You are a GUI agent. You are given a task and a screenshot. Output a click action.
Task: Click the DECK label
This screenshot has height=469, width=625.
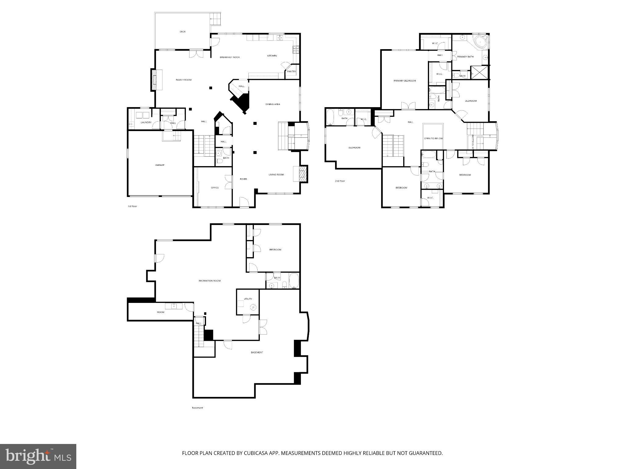coord(182,32)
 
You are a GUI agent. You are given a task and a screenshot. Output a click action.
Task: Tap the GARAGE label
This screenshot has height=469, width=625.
coord(160,165)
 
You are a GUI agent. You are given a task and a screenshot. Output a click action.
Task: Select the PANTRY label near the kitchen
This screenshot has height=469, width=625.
coord(291,72)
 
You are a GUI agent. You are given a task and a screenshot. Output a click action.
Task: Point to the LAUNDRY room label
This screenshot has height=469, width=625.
coord(146,122)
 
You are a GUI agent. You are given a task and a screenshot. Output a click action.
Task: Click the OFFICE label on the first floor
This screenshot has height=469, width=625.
coord(215,188)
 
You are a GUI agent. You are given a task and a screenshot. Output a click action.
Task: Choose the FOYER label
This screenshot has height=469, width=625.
coord(243,179)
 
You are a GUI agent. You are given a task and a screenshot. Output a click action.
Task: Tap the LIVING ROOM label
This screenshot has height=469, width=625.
coord(276,175)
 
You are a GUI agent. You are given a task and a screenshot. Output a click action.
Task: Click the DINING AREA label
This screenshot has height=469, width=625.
coord(273,104)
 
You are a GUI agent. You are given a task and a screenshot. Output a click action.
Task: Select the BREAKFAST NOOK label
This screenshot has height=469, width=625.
coord(230,57)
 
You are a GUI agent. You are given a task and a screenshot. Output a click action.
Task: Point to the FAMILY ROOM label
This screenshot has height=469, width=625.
coord(183,80)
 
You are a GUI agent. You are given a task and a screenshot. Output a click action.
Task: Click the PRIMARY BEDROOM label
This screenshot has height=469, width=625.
coord(405,81)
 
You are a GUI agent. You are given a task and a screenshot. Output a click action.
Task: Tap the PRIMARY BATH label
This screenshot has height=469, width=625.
coord(465,57)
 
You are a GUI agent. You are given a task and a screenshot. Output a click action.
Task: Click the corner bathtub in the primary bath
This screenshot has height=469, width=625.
coord(479,41)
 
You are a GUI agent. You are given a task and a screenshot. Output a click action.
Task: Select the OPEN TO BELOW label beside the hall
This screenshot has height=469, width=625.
coord(433,139)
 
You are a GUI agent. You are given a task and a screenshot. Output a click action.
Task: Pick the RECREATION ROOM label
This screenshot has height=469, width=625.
coord(209,281)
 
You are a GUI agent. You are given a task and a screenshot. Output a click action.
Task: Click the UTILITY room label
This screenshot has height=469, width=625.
coord(248,299)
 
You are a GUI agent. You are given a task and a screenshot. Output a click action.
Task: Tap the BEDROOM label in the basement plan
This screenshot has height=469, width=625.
coord(275,250)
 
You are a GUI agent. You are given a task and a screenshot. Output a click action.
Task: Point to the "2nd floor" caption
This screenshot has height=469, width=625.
coord(340,181)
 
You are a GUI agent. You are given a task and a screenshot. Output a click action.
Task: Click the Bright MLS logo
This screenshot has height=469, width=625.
coord(38,456)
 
